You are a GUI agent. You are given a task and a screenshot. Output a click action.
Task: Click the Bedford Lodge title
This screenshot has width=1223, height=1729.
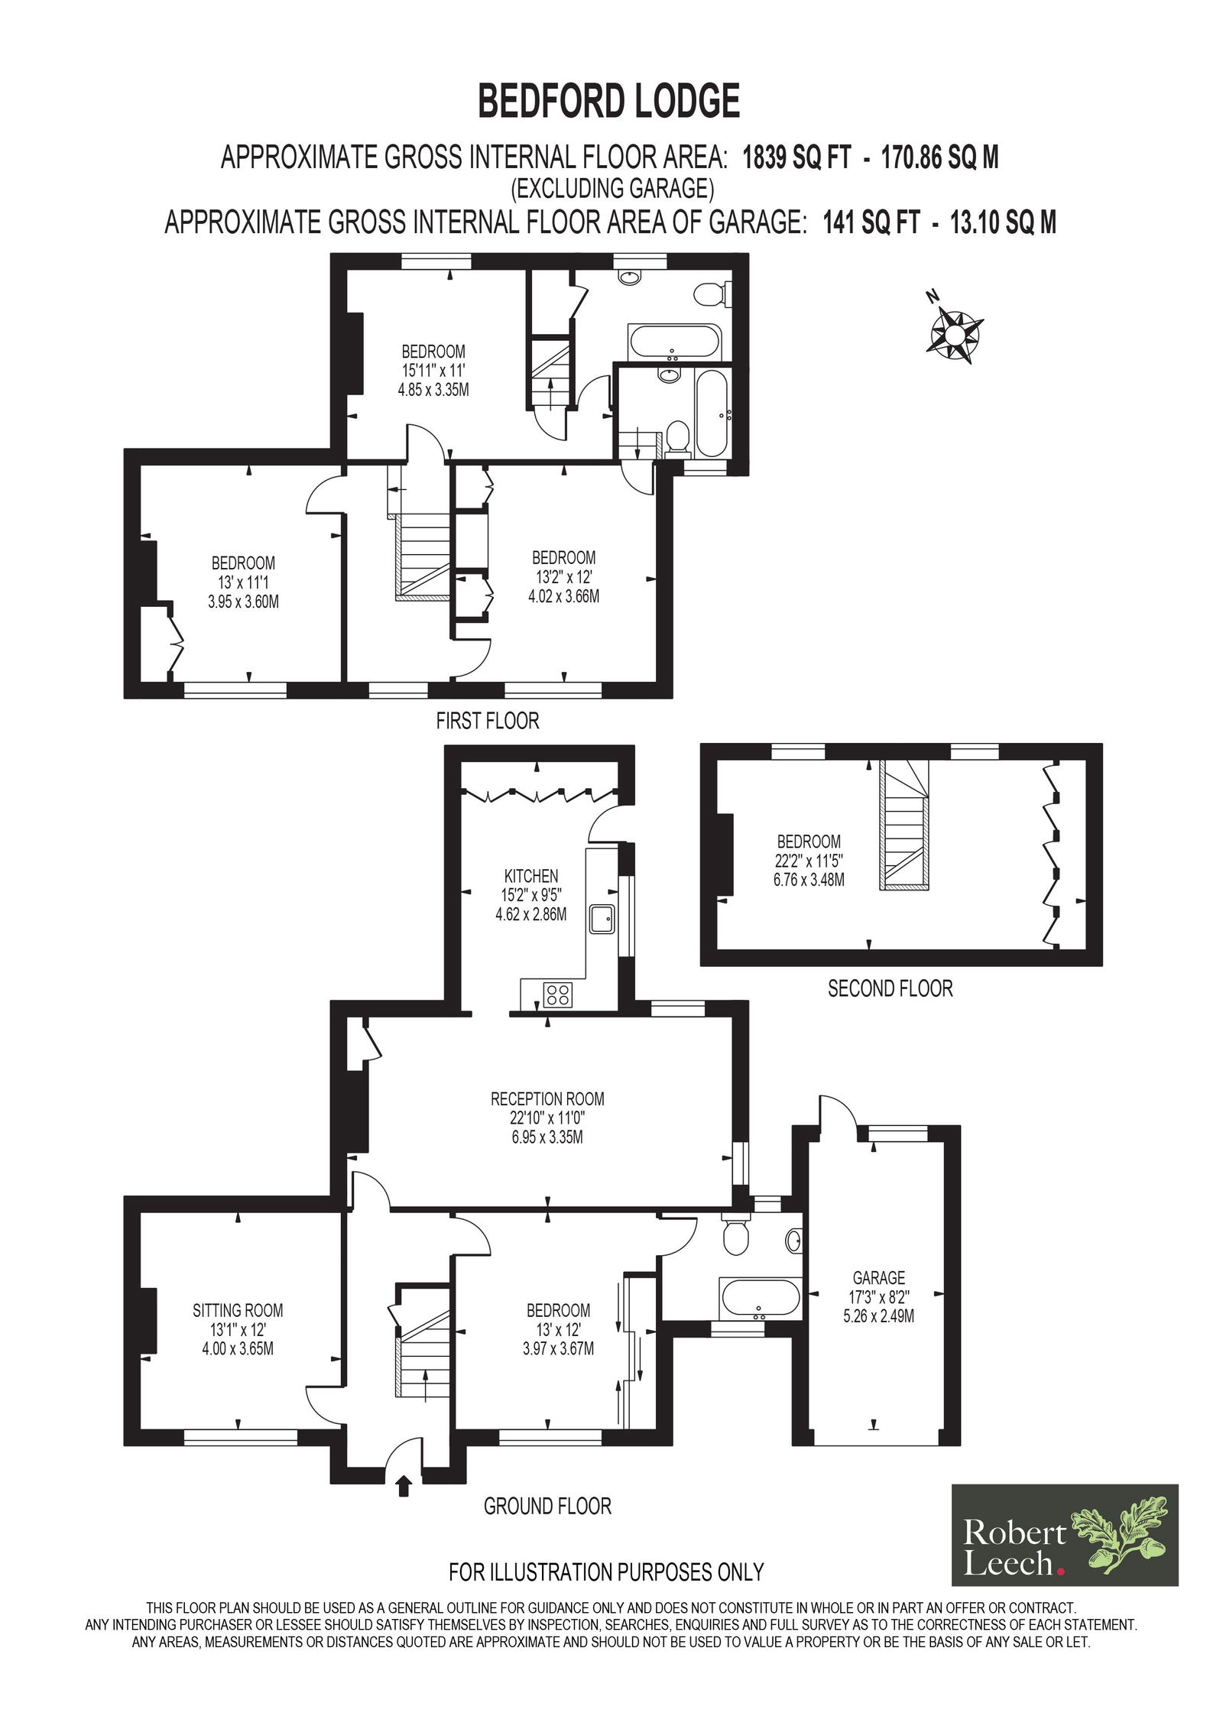(609, 101)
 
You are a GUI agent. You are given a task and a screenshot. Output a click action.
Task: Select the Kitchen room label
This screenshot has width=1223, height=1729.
(531, 876)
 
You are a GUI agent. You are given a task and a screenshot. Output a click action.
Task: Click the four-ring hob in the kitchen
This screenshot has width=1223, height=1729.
(557, 994)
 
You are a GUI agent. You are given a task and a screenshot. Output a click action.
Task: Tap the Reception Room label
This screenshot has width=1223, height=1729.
(547, 1099)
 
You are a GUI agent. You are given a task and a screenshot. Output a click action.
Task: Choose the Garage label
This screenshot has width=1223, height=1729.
(879, 1277)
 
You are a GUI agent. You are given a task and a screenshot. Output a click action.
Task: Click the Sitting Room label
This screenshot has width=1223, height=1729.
(238, 1310)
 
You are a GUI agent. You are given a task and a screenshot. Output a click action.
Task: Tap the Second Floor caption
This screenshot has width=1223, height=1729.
(890, 988)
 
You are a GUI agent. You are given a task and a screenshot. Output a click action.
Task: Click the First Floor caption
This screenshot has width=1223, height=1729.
(488, 720)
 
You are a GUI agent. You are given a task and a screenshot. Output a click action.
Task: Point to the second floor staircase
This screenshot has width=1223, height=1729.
(904, 825)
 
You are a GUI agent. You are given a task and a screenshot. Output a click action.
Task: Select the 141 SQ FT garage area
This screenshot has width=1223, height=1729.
(871, 222)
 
